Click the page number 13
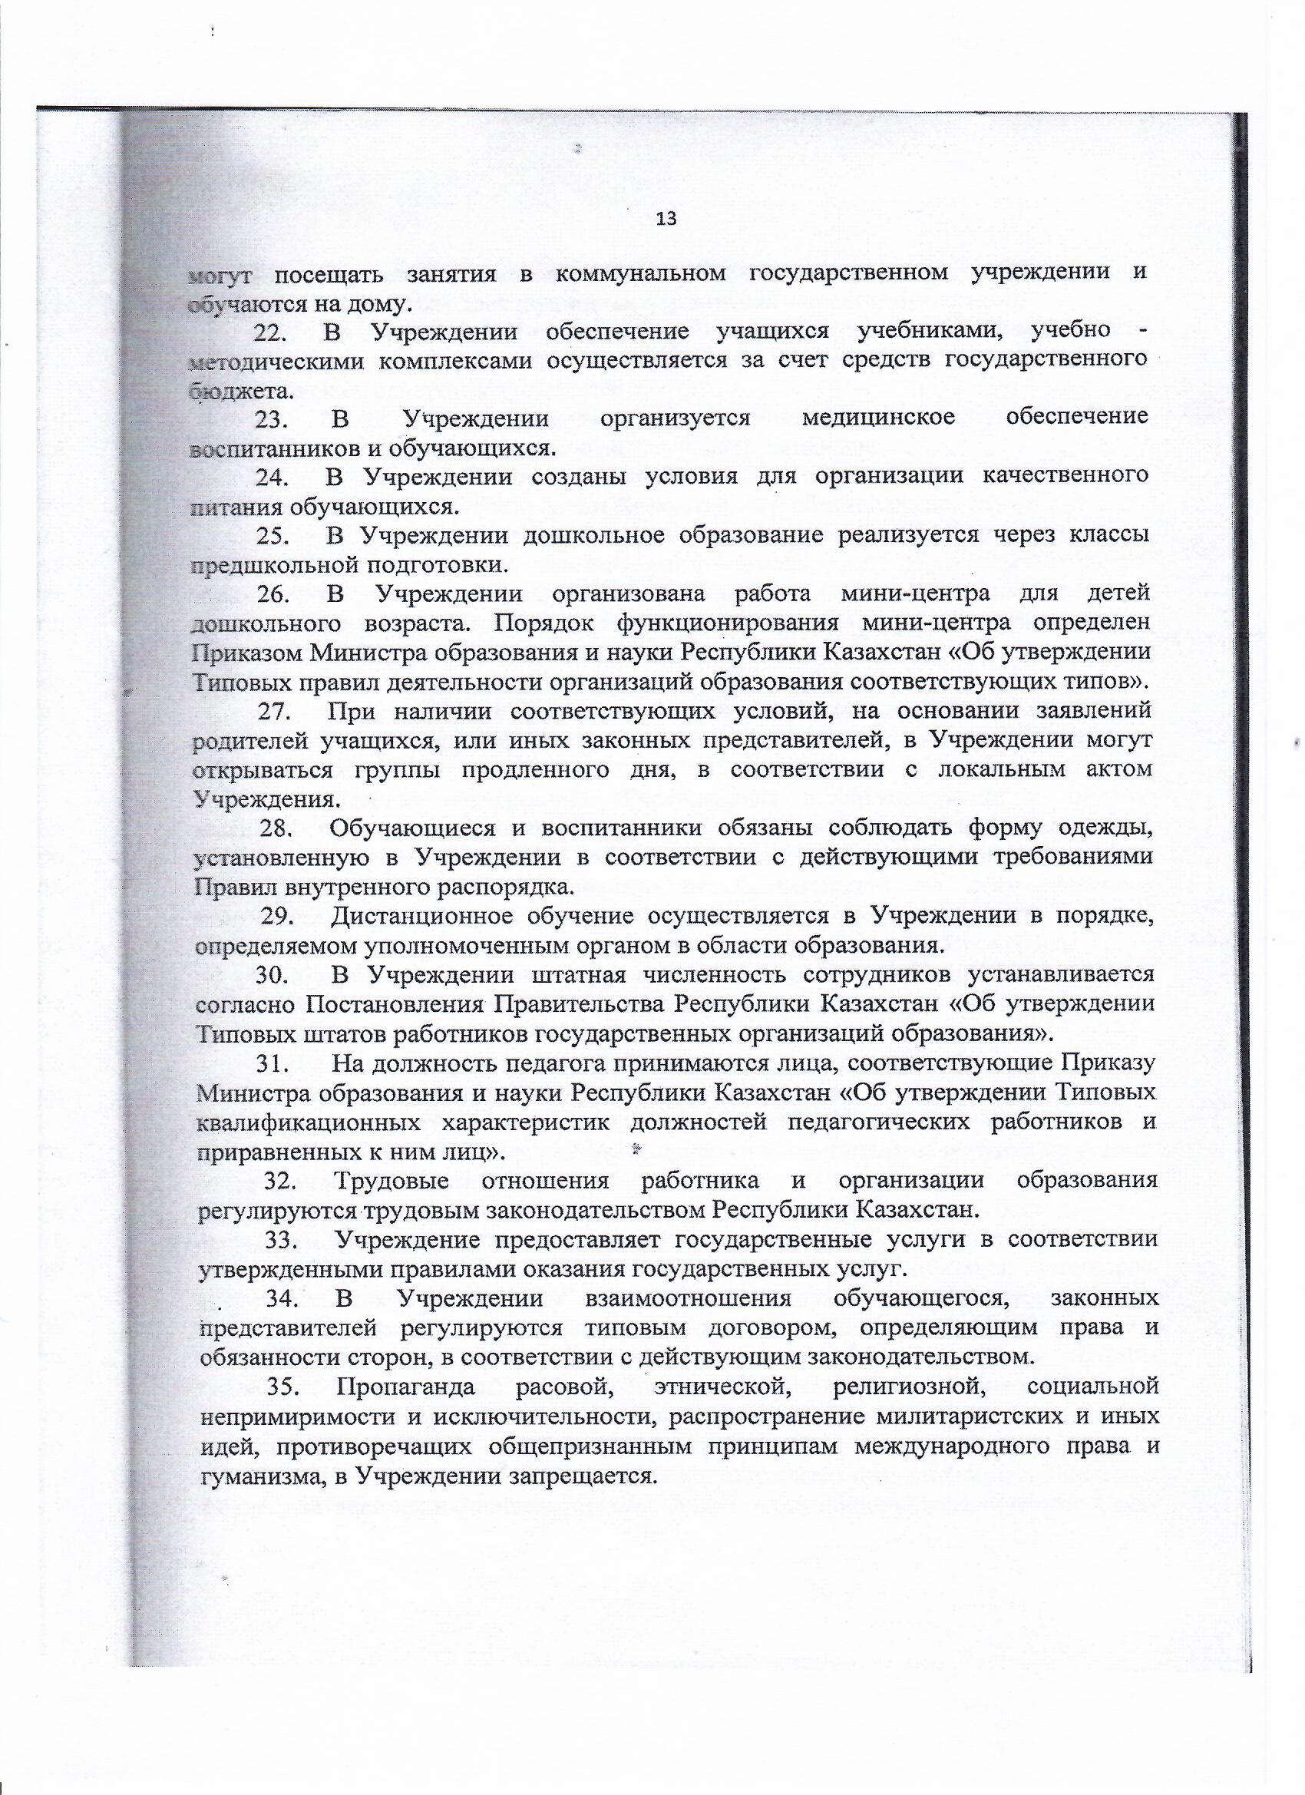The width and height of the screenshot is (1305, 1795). (666, 220)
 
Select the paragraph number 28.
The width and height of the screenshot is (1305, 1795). (277, 828)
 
